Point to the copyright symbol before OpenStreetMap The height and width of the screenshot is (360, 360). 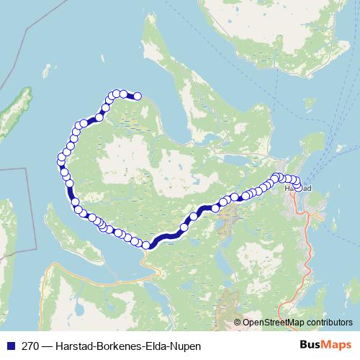tap(238, 322)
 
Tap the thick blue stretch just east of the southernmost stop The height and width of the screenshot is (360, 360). tap(166, 236)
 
